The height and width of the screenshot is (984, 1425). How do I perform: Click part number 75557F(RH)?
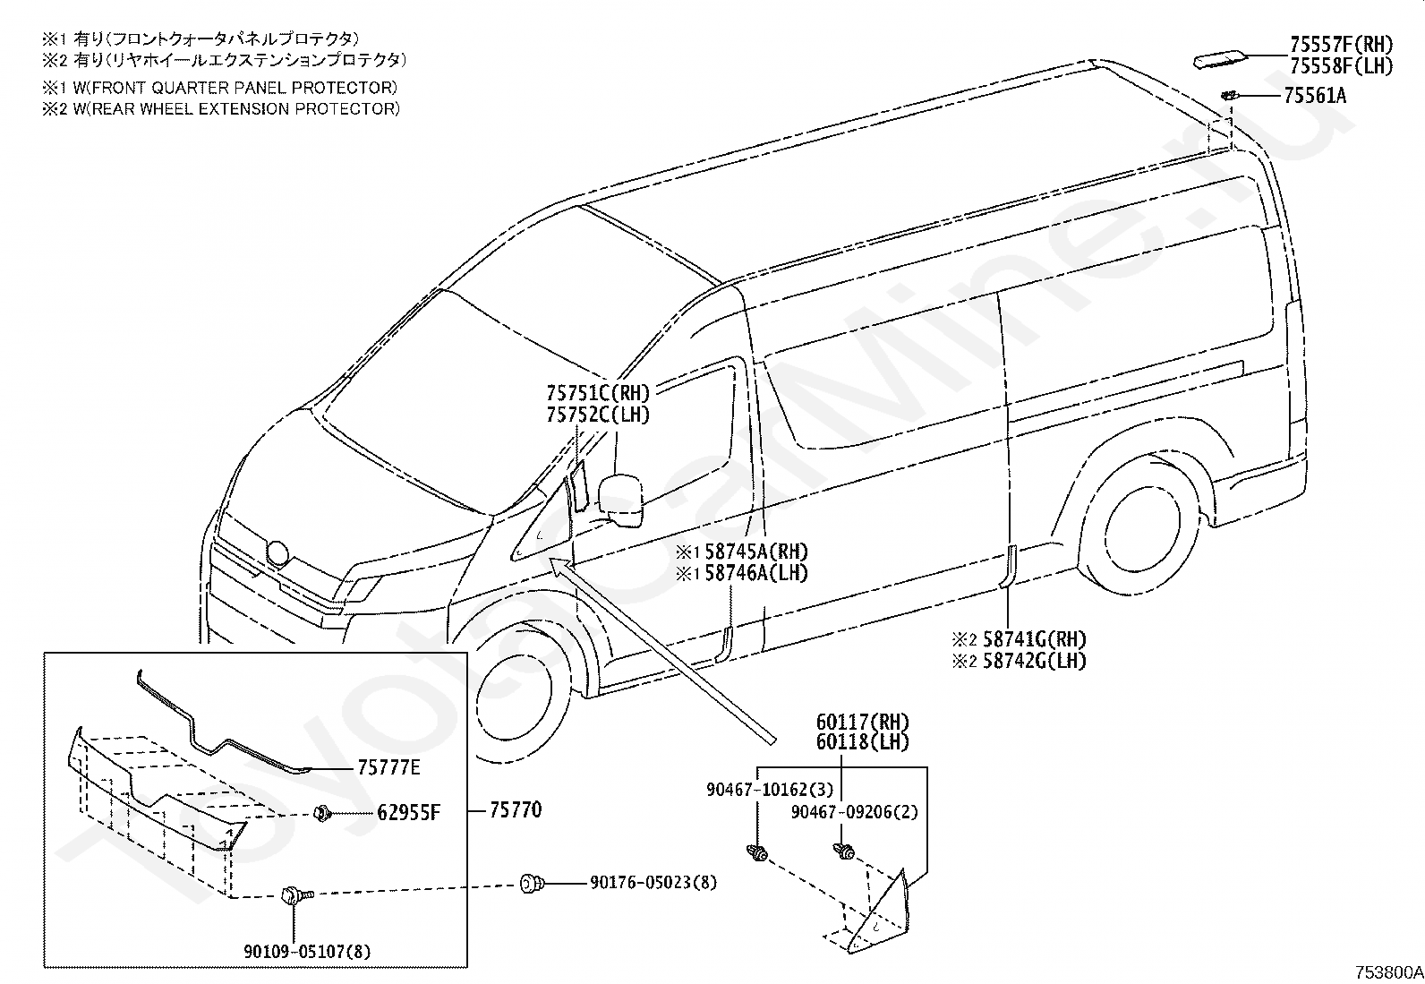click(x=1342, y=45)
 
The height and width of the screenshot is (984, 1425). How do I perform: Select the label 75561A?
click(x=1315, y=96)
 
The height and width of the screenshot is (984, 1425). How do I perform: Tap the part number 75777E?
click(x=388, y=767)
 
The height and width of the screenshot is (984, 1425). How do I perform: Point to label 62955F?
click(x=408, y=813)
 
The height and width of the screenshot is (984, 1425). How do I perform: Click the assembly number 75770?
click(x=516, y=809)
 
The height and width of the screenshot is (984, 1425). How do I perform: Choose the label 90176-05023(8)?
click(x=653, y=883)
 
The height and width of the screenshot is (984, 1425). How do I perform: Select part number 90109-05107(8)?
click(x=307, y=952)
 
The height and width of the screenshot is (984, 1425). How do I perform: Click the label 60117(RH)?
click(x=863, y=723)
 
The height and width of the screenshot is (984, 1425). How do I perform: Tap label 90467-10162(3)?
click(x=770, y=790)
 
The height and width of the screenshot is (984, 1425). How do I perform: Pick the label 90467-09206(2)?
click(x=854, y=812)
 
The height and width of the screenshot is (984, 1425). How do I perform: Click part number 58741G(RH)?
click(x=1035, y=639)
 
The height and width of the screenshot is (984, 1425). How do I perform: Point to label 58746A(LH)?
click(x=756, y=573)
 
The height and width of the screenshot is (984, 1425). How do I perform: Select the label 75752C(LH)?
click(x=598, y=415)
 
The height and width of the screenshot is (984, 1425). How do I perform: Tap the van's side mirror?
click(x=620, y=501)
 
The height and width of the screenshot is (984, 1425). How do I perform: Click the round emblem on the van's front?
click(x=278, y=552)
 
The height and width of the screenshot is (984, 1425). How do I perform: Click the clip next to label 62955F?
click(x=322, y=813)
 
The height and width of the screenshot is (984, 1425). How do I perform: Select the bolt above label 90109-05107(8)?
click(x=295, y=894)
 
